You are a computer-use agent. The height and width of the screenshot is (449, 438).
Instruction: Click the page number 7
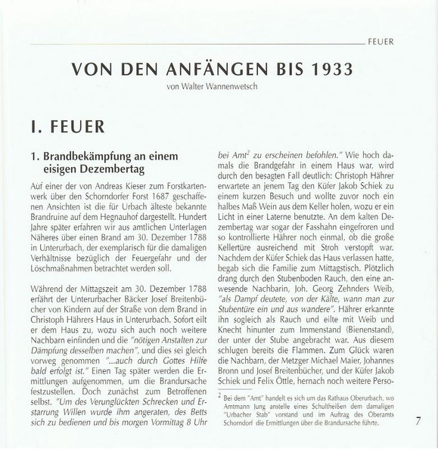pyautogui.click(x=418, y=422)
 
